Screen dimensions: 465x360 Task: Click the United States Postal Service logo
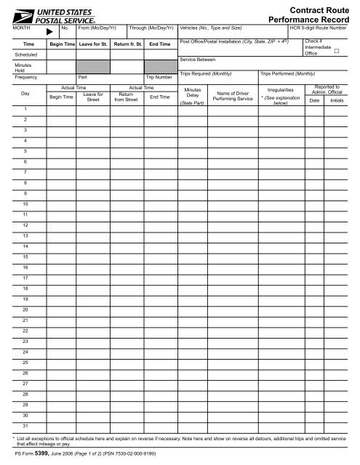tap(48, 13)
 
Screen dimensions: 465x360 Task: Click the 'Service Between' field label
tap(198, 60)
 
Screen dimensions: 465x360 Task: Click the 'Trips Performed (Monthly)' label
tap(292, 74)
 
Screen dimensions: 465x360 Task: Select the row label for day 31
tap(25, 424)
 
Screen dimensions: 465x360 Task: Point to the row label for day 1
tap(25, 108)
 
